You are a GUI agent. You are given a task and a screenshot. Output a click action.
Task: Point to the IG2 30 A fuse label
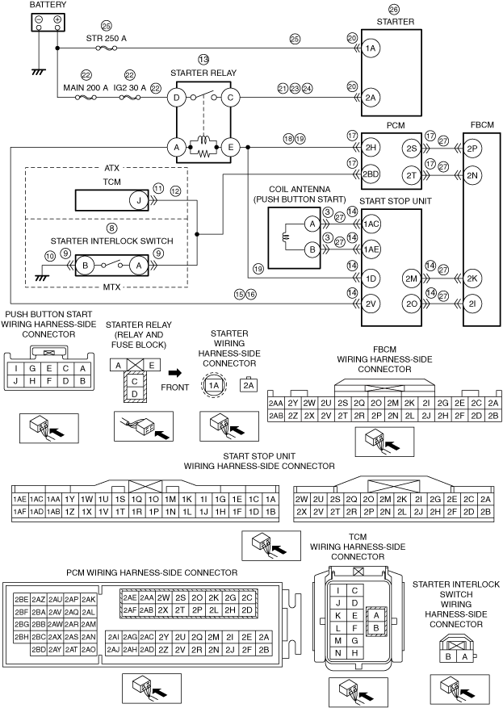(x=132, y=87)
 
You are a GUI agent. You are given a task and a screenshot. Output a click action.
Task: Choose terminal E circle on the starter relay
(x=229, y=147)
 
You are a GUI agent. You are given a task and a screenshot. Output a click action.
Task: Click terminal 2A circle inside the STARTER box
(x=371, y=98)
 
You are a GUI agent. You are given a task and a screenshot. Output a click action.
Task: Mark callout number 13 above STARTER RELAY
(x=203, y=60)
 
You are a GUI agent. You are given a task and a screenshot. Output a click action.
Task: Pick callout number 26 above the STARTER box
(x=394, y=9)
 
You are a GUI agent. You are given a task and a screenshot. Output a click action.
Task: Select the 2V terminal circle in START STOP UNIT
(x=371, y=304)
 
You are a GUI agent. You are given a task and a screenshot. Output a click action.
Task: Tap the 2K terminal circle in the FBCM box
(x=474, y=278)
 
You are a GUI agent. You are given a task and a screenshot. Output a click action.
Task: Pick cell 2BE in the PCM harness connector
(x=22, y=600)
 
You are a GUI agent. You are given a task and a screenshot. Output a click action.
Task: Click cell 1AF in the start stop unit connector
(x=20, y=512)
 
